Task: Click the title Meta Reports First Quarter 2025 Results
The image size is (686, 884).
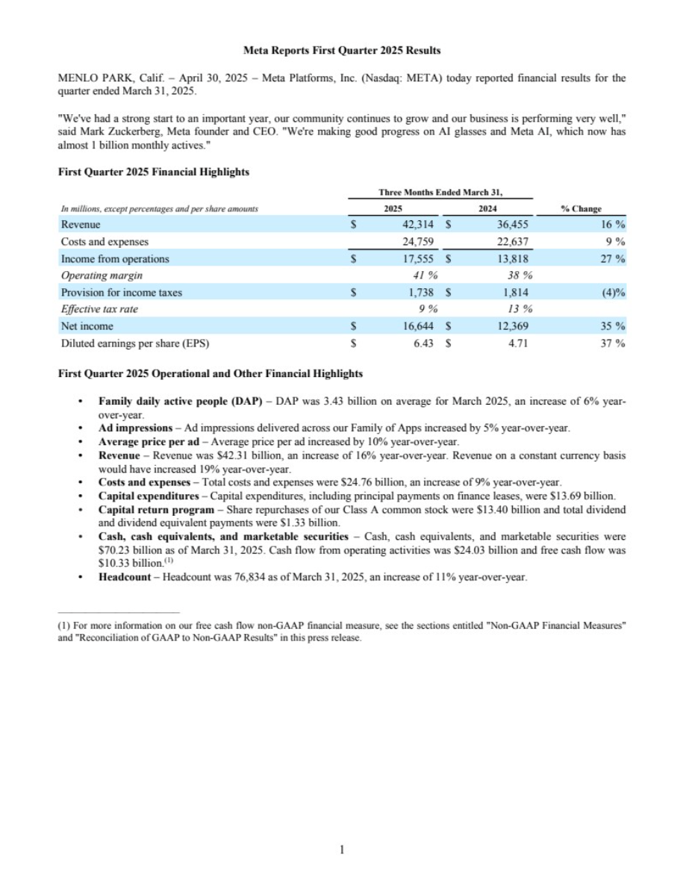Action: (342, 51)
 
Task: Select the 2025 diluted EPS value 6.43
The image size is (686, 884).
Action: (423, 343)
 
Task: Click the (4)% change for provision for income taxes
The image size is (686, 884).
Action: (613, 293)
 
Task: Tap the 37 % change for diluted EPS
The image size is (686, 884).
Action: (614, 343)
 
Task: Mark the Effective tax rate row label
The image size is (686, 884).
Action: (99, 310)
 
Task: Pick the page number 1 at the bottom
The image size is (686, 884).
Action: (343, 849)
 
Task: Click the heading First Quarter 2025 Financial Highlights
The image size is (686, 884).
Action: (153, 172)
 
